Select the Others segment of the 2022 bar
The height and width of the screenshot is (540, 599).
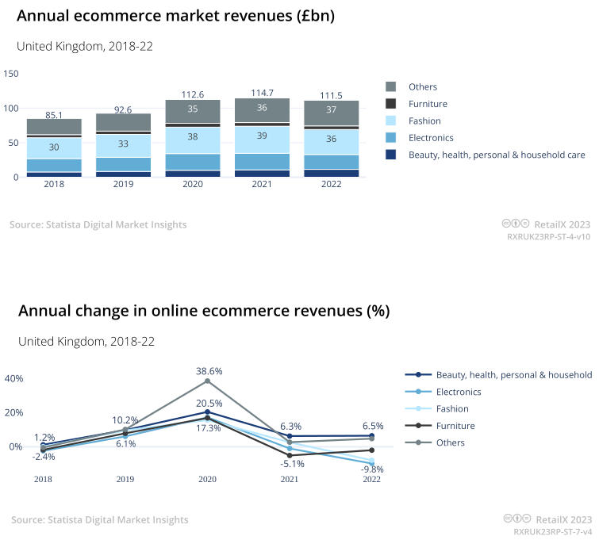pyautogui.click(x=331, y=112)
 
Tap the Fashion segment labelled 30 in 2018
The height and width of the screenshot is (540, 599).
pyautogui.click(x=54, y=147)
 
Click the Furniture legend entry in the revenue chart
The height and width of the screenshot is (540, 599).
pyautogui.click(x=428, y=104)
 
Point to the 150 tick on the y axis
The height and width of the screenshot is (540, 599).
pyautogui.click(x=11, y=74)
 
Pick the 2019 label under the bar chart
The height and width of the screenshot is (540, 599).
pyautogui.click(x=123, y=183)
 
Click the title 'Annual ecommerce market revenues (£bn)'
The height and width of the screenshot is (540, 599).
pyautogui.click(x=175, y=16)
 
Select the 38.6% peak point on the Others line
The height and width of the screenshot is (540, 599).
pyautogui.click(x=207, y=381)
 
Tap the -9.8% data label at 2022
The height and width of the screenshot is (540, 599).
pyautogui.click(x=371, y=469)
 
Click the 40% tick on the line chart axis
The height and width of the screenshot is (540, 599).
pyautogui.click(x=14, y=378)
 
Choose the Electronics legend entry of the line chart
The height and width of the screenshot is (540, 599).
pyautogui.click(x=458, y=392)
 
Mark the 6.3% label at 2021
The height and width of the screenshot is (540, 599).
pyautogui.click(x=291, y=426)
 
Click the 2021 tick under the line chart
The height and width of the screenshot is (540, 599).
pyautogui.click(x=290, y=479)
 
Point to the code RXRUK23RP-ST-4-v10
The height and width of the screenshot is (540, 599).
pyautogui.click(x=548, y=236)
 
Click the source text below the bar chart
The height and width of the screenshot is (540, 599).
pyautogui.click(x=98, y=224)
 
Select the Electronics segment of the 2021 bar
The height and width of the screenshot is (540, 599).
pyautogui.click(x=262, y=161)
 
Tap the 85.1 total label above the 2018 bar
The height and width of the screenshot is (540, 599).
pyautogui.click(x=54, y=115)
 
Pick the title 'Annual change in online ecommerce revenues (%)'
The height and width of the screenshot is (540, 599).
pyautogui.click(x=204, y=311)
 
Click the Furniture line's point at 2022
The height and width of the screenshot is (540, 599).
pyautogui.click(x=371, y=450)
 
